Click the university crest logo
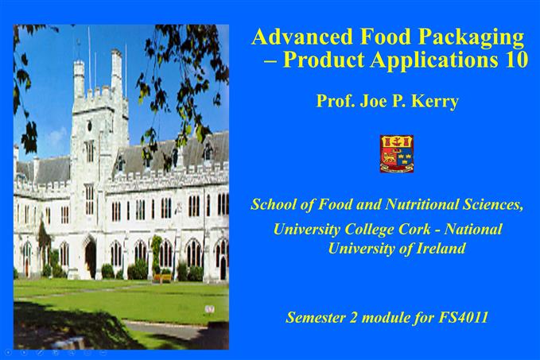coord(397,153)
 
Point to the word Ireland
coord(437,248)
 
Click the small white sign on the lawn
coord(209,308)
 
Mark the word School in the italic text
coord(274,204)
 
